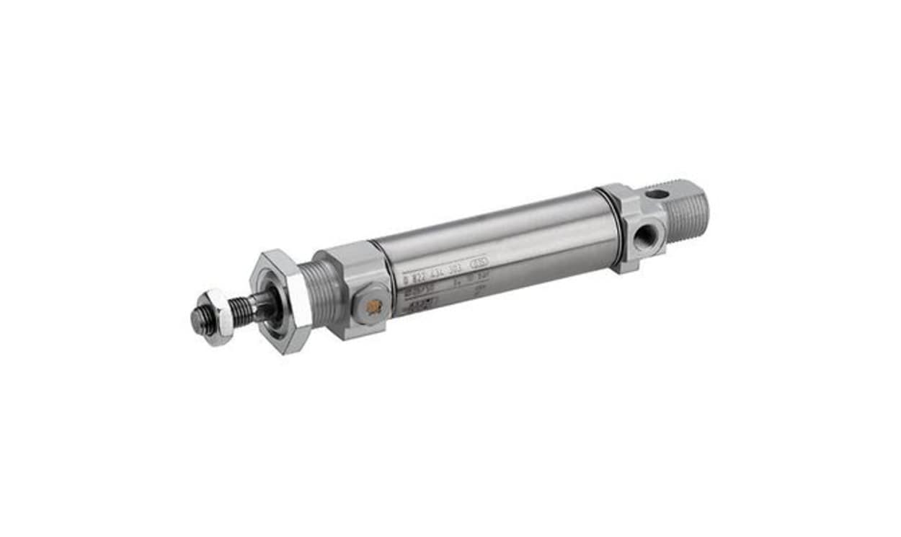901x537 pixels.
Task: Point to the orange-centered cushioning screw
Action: pyautogui.click(x=373, y=306)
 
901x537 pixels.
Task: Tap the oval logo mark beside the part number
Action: pyautogui.click(x=480, y=263)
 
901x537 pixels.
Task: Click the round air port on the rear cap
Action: pyautogui.click(x=649, y=233)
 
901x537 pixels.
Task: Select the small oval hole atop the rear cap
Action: pyautogui.click(x=657, y=194)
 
